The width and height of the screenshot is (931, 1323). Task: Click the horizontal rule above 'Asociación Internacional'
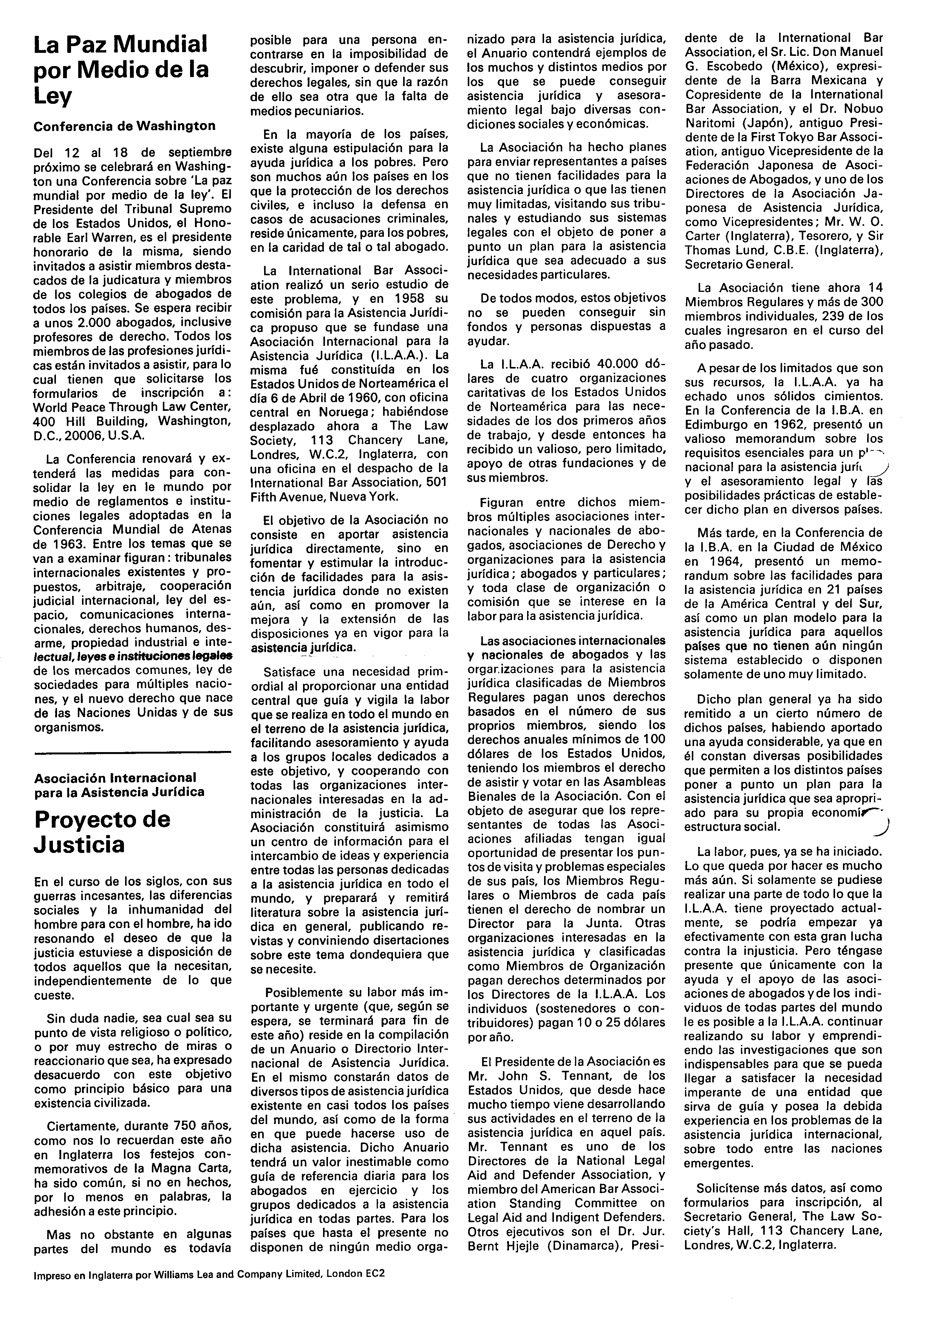pyautogui.click(x=133, y=752)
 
